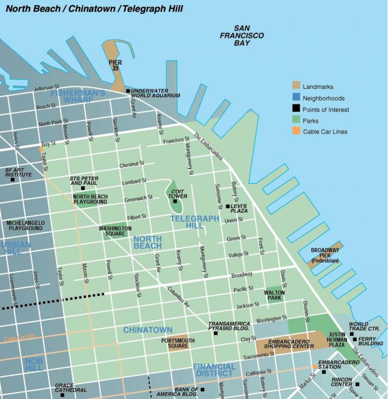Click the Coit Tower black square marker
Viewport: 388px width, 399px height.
point(175,201)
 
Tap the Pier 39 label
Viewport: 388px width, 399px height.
point(115,65)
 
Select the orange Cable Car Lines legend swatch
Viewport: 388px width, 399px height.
point(296,131)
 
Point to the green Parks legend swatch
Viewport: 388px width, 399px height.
point(296,120)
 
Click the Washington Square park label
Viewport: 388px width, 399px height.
point(115,231)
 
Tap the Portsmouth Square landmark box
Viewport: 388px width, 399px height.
point(178,342)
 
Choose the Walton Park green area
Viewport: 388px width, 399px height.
point(275,295)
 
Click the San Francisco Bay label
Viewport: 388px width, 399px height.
point(242,36)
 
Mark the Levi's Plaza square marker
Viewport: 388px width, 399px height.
point(228,206)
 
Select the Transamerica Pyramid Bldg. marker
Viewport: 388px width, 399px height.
point(216,333)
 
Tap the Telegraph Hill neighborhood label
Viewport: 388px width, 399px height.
point(195,222)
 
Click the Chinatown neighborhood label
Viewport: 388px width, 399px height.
point(148,330)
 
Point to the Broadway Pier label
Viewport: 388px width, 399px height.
point(325,255)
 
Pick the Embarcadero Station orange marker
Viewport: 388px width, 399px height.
point(315,366)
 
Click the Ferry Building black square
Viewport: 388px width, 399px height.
point(355,339)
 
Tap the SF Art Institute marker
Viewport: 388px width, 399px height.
point(13,180)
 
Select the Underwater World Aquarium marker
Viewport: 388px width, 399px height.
point(128,91)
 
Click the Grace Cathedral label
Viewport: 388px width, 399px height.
point(71,388)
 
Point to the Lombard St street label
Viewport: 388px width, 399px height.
point(134,182)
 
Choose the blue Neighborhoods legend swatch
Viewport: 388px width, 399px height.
point(296,97)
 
